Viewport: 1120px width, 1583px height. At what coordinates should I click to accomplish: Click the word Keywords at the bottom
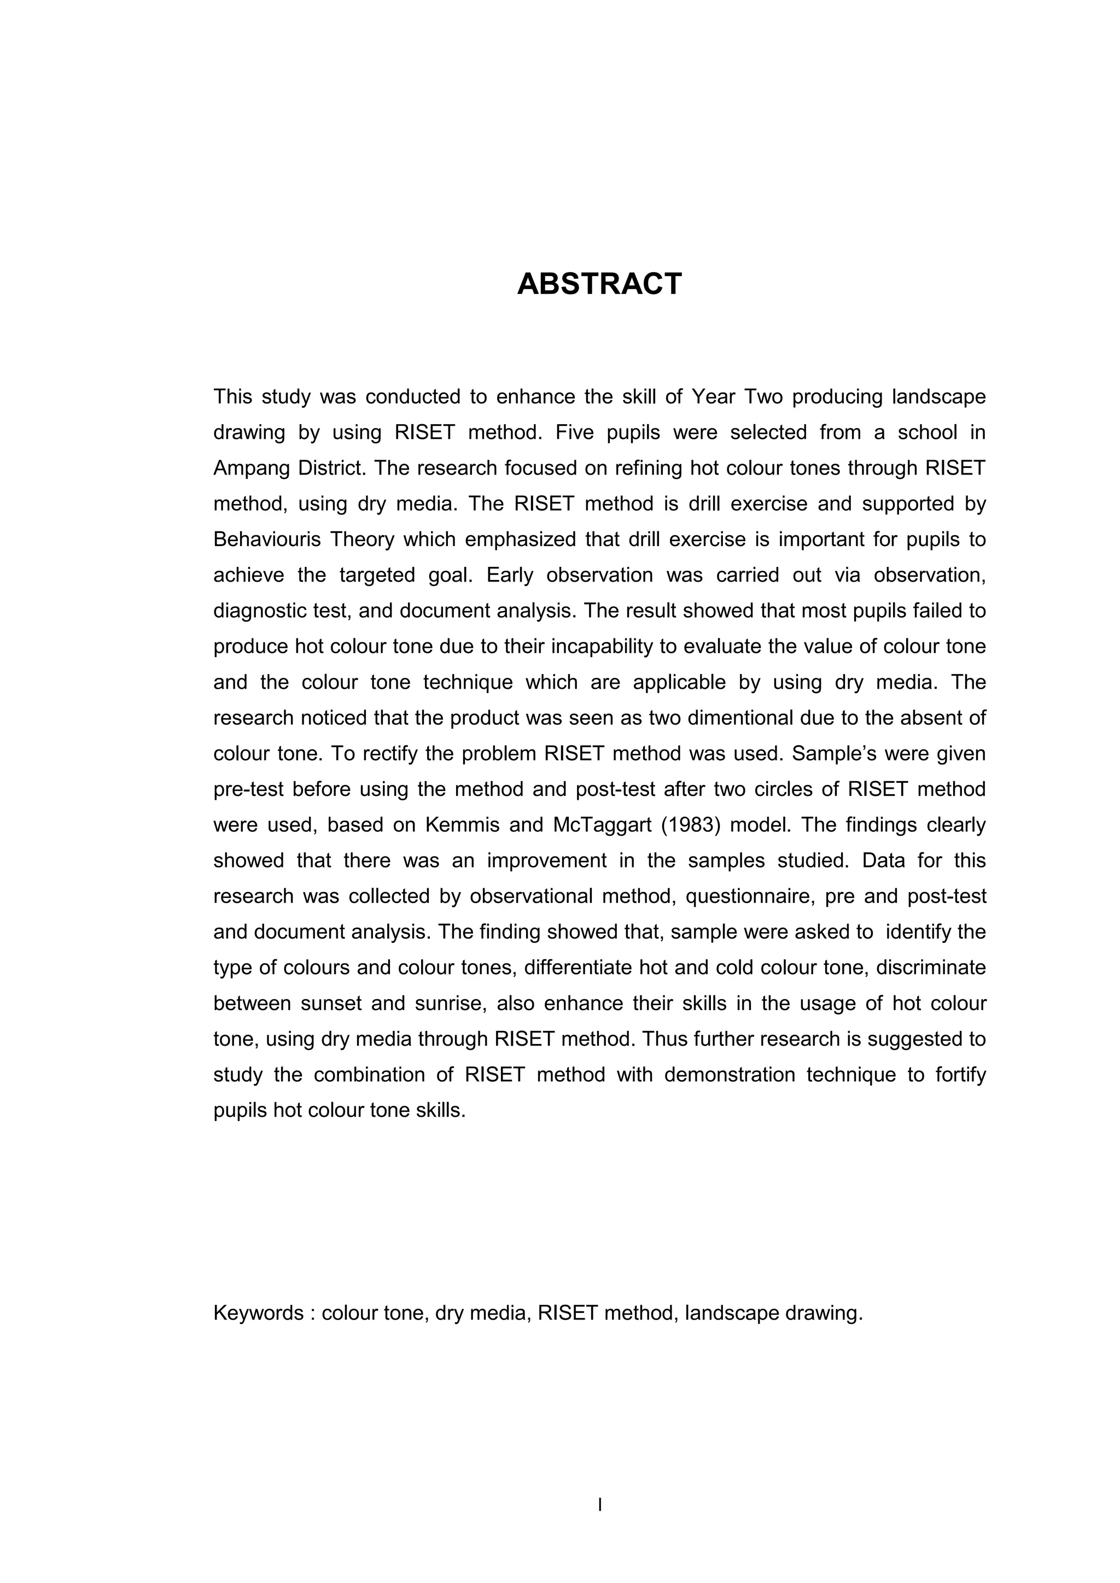click(258, 1313)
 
